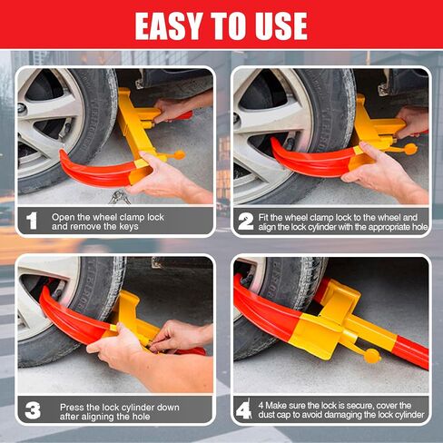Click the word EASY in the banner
169,26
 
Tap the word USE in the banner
281,26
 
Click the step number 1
32,221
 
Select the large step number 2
246,221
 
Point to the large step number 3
33,410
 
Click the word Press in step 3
71,407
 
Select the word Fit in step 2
263,217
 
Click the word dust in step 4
266,415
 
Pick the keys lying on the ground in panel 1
120,196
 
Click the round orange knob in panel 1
179,155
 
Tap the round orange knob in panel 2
410,149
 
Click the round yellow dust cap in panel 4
372,356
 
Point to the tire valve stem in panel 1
65,128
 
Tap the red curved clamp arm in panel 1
96,172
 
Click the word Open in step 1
63,217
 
